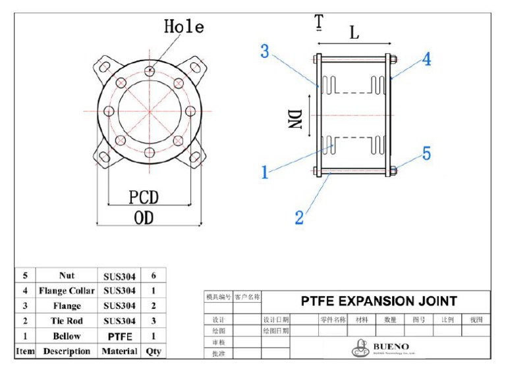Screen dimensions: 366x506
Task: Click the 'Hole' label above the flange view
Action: tap(184, 27)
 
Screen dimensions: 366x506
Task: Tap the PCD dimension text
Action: tap(144, 197)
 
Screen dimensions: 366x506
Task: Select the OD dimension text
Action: tap(143, 218)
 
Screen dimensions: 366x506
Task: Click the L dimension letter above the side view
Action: tap(354, 33)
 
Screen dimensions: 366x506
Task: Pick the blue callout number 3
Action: tap(265, 51)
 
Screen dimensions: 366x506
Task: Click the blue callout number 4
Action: tap(427, 59)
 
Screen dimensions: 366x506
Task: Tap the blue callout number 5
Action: tap(426, 153)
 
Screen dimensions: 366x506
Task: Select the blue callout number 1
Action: tap(265, 172)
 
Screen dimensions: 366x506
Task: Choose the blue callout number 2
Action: tap(299, 218)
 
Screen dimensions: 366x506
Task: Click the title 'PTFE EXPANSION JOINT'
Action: tap(379, 301)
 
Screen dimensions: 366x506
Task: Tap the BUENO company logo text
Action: tap(391, 346)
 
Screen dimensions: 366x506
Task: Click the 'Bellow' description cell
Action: tap(67, 336)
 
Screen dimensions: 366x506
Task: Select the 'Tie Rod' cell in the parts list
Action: tap(67, 321)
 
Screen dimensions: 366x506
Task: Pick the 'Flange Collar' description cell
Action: tap(67, 290)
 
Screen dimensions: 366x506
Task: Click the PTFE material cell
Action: tap(119, 336)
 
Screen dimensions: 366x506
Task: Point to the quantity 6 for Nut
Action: tap(154, 276)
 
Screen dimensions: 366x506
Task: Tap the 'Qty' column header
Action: tap(154, 352)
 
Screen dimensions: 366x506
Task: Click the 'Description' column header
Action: tap(67, 352)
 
